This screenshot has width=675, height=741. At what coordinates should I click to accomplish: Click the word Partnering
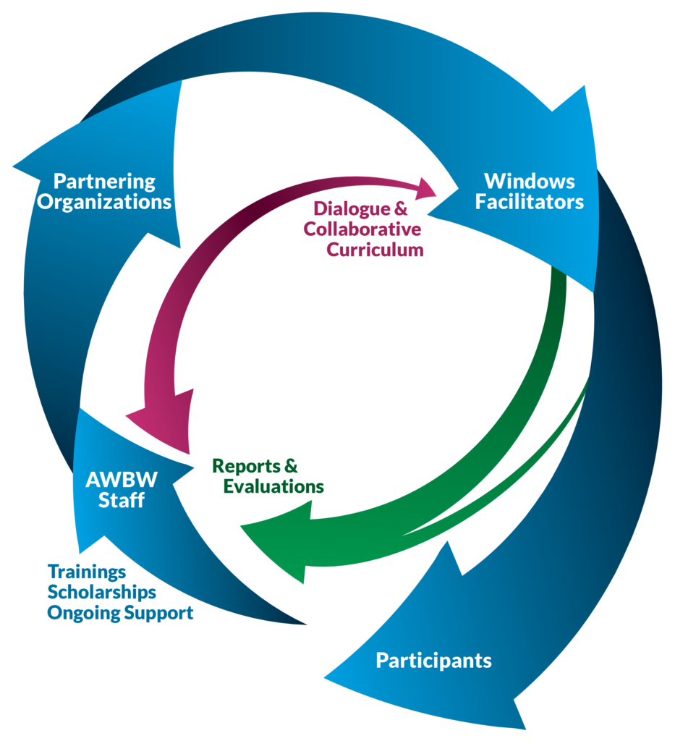click(x=105, y=181)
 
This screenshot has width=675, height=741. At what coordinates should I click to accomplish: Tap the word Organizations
click(x=105, y=201)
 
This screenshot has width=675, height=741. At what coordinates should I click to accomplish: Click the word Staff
click(x=121, y=500)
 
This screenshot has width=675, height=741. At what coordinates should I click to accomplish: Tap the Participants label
click(x=433, y=661)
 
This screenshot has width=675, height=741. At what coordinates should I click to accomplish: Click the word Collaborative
click(x=362, y=229)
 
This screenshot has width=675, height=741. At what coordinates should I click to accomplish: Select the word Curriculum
click(x=374, y=250)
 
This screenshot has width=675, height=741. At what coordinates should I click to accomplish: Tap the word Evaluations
click(x=273, y=486)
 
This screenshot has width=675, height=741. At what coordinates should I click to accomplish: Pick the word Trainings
click(x=87, y=572)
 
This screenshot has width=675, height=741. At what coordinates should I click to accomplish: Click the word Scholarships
click(x=101, y=593)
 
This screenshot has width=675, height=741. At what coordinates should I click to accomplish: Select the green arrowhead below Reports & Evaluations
click(x=279, y=539)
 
